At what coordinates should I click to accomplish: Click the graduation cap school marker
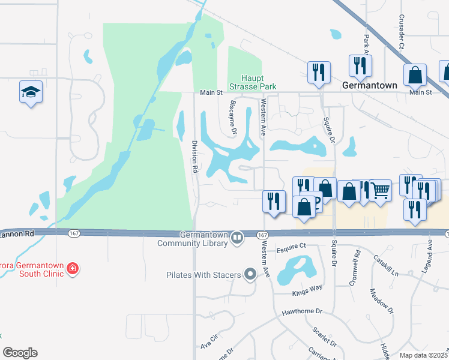click(31, 92)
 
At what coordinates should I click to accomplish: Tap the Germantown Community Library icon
click(237, 238)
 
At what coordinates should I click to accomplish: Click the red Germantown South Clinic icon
click(73, 268)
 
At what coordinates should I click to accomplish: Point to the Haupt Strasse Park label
click(259, 82)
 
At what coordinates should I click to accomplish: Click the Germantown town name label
click(370, 86)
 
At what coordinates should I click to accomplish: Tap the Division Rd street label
click(194, 157)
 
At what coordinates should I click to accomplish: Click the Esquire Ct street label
click(292, 246)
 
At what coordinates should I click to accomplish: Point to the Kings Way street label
click(307, 288)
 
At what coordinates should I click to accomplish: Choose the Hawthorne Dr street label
click(303, 312)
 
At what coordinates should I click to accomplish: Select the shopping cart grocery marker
click(380, 191)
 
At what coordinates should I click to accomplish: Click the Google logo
click(20, 353)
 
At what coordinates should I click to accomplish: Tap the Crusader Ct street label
click(402, 37)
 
